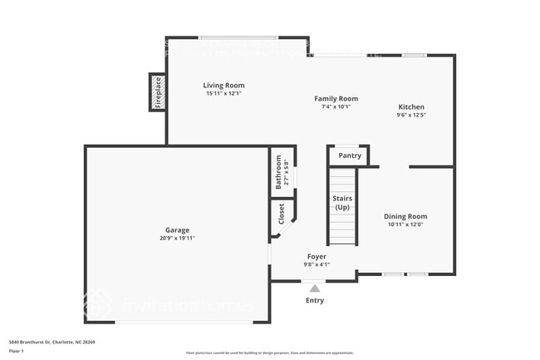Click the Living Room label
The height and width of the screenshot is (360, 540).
(x=224, y=85)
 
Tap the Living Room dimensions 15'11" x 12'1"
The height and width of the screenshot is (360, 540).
(x=224, y=93)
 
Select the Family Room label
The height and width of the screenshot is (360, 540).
(x=336, y=98)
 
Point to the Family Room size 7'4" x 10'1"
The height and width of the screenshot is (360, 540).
(x=336, y=106)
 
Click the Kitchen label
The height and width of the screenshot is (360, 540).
(x=411, y=107)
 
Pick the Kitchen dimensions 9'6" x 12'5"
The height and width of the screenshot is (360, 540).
(x=411, y=116)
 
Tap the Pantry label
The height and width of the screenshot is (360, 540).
(x=350, y=155)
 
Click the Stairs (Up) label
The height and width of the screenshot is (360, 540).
(x=342, y=203)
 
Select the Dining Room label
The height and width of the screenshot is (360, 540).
(x=405, y=216)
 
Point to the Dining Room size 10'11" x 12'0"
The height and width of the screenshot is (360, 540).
(x=405, y=224)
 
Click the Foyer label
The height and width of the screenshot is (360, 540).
(x=316, y=257)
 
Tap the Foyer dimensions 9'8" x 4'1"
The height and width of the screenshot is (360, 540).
(x=316, y=265)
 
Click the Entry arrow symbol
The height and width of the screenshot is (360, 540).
(x=315, y=287)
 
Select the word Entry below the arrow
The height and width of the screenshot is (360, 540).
(x=315, y=300)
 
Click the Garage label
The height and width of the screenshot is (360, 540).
(x=177, y=229)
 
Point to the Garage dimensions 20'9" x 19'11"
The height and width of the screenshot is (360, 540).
(x=177, y=238)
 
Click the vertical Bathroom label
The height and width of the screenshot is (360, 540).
(x=279, y=172)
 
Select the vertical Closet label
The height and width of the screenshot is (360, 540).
(x=281, y=214)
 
